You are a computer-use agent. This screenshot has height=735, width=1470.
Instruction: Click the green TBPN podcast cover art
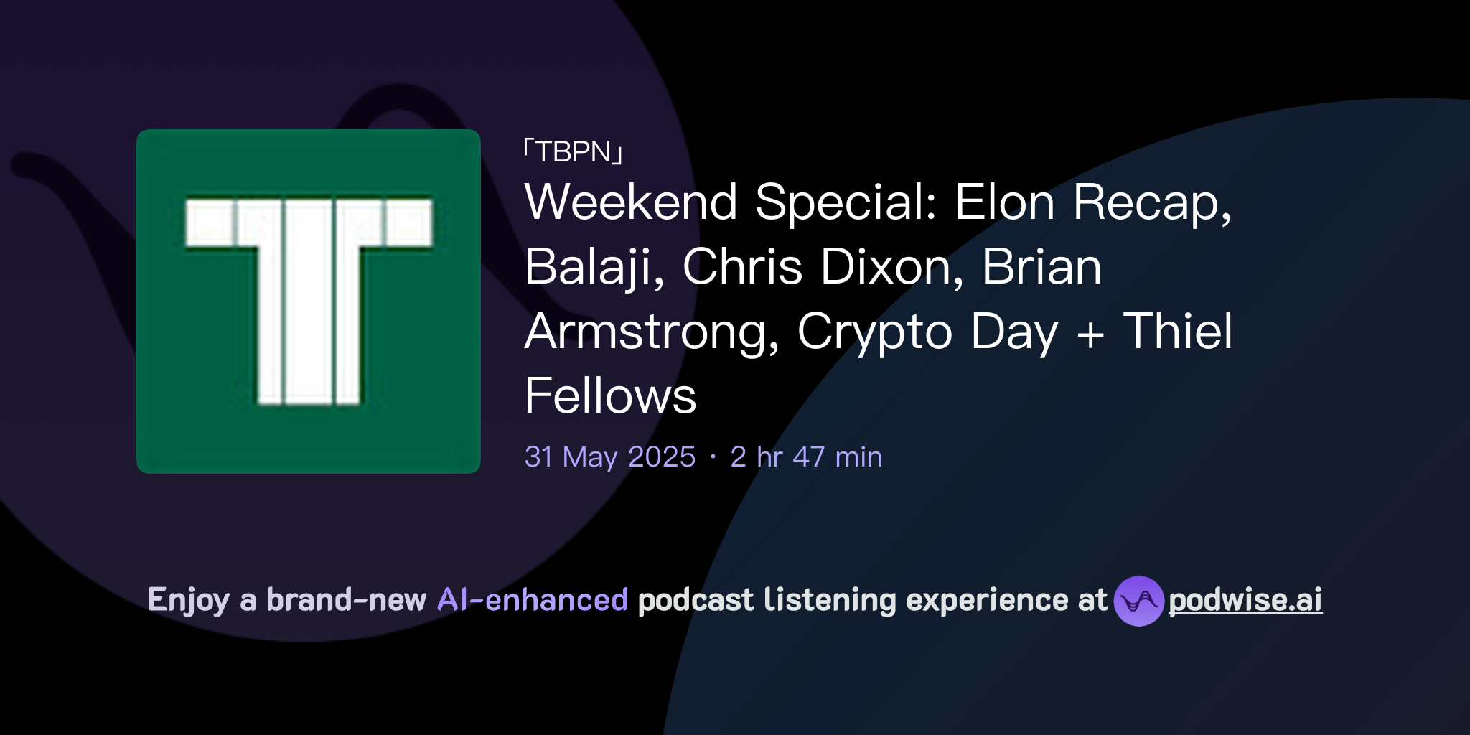tap(309, 301)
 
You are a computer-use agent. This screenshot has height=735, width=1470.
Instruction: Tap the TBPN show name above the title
tap(573, 152)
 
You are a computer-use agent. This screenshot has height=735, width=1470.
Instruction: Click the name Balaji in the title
tap(594, 267)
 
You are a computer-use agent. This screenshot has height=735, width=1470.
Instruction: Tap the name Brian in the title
tap(1041, 267)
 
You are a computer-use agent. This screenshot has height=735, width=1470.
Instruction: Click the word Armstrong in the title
tap(652, 332)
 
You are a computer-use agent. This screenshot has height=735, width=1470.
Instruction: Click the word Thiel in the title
tap(1178, 332)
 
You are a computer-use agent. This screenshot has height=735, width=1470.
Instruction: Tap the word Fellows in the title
tap(610, 396)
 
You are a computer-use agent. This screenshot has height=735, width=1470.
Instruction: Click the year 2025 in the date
tap(661, 457)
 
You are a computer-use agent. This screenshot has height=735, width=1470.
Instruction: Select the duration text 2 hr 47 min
tap(806, 457)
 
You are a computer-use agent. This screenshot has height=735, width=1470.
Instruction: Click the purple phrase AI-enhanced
tap(533, 600)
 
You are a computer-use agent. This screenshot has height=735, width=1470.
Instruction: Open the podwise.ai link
tap(1245, 600)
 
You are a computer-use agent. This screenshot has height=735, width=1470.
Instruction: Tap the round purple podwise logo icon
tap(1138, 601)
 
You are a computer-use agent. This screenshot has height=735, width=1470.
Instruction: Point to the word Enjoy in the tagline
tap(188, 600)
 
